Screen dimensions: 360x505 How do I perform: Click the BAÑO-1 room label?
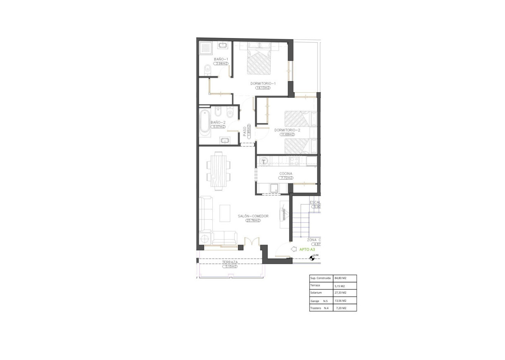click(x=221, y=59)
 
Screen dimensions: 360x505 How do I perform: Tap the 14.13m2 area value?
click(x=263, y=88)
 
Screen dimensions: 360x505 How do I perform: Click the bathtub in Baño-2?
click(x=205, y=122)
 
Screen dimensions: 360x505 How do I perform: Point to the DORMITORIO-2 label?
click(x=287, y=130)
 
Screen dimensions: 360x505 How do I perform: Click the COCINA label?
click(x=286, y=174)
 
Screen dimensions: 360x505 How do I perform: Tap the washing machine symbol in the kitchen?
click(x=264, y=161)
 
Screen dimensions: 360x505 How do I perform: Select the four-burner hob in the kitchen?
click(x=294, y=161)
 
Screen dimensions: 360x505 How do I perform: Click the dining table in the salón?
click(x=218, y=171)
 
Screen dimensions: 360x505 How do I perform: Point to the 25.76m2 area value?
click(x=253, y=221)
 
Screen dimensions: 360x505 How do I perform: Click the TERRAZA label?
click(x=229, y=262)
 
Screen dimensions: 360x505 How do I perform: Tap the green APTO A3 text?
click(x=307, y=250)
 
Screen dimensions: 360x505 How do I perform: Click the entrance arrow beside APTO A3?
click(x=294, y=249)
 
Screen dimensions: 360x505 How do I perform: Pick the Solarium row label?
click(x=316, y=293)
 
